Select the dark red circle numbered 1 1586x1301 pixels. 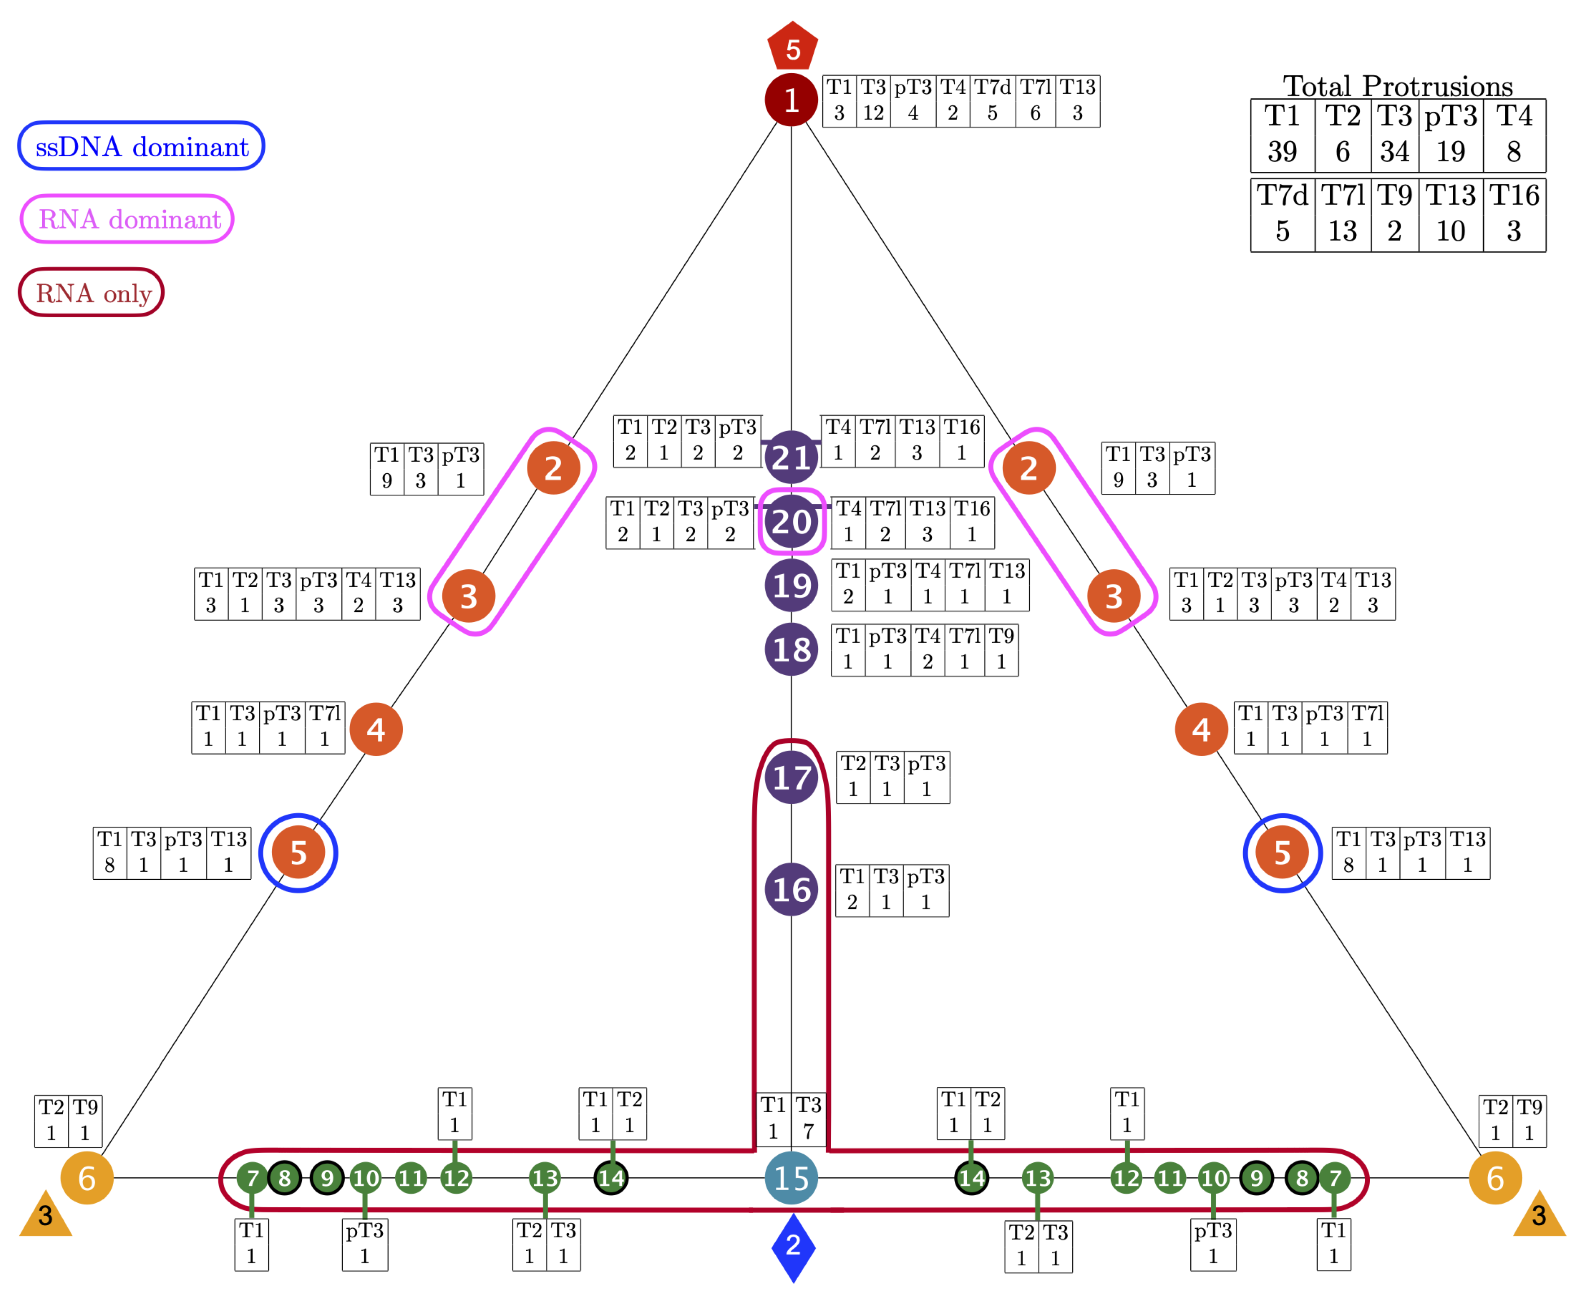point(791,100)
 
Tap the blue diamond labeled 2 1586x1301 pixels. point(793,1248)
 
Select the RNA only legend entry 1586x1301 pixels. point(92,292)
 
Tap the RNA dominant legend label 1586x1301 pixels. point(127,219)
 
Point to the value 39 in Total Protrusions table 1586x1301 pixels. point(1282,151)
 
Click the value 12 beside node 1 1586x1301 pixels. point(873,113)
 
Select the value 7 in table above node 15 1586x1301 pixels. point(808,1131)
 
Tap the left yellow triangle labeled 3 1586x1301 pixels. point(45,1216)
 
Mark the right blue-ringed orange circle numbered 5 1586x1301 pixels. point(1282,853)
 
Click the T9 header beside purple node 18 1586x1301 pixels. point(1001,636)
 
